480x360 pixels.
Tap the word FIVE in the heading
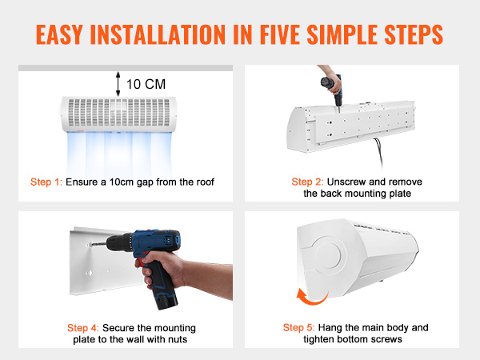coord(280,34)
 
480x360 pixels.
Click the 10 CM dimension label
coord(146,84)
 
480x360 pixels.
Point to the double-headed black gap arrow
coord(118,84)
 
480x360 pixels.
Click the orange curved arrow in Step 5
coord(310,299)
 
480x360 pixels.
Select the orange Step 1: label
coord(46,182)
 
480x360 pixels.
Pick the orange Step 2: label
coord(307,182)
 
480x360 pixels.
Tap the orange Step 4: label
coord(83,328)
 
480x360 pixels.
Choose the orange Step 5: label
coord(298,327)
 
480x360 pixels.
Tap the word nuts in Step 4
coord(178,339)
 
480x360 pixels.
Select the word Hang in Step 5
coord(330,327)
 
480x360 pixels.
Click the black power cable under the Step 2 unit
coord(378,153)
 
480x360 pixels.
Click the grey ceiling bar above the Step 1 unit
coord(126,68)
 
